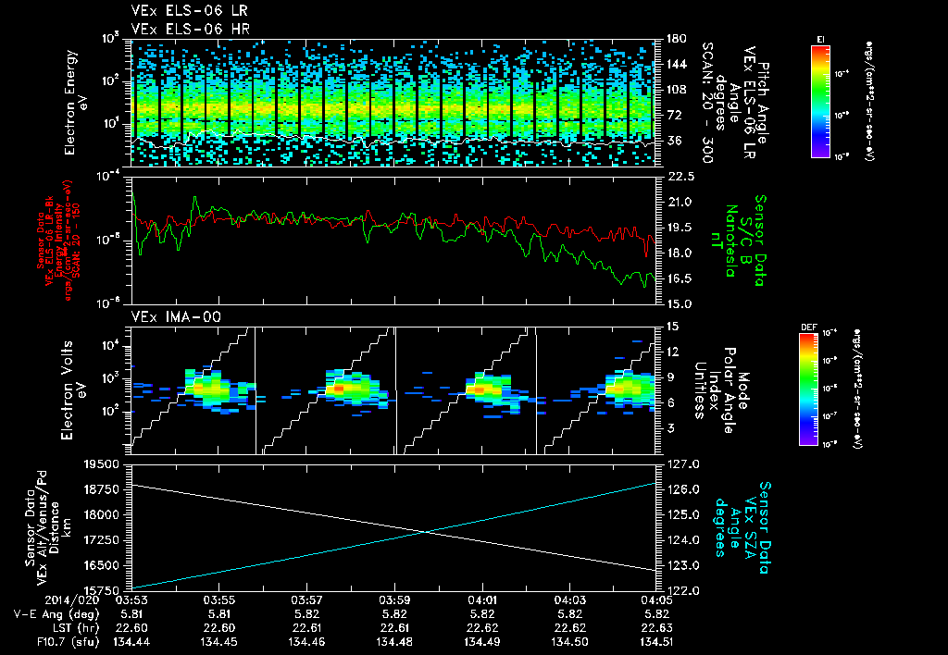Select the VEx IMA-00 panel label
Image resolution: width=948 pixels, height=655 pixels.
click(x=169, y=316)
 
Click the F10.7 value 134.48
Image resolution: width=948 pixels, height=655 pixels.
click(x=395, y=641)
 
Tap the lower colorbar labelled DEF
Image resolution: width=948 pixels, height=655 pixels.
click(x=808, y=389)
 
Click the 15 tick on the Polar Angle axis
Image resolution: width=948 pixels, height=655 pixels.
click(x=667, y=326)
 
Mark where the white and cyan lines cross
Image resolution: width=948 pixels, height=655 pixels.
click(x=425, y=530)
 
